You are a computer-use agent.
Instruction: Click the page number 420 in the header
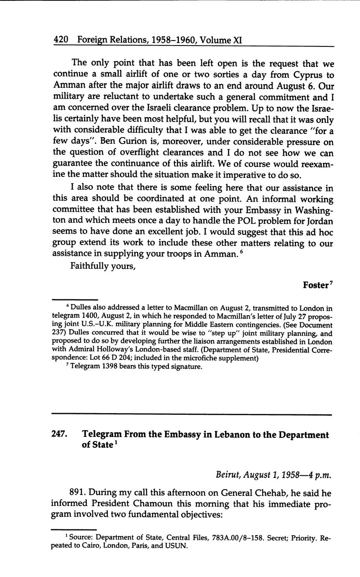pyautogui.click(x=61, y=40)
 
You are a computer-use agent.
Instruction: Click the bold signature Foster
pyautogui.click(x=316, y=285)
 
